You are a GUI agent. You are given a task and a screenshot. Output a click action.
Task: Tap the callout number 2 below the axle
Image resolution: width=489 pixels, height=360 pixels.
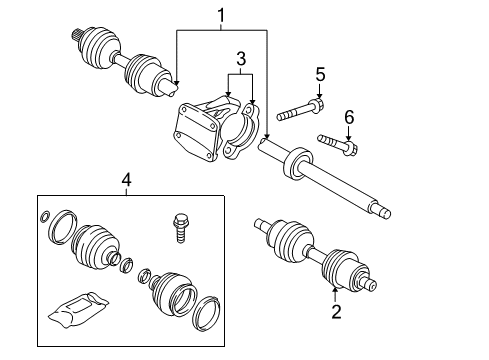(336, 313)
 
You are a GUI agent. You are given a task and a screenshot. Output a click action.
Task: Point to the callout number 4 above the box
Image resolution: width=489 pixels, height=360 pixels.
(125, 180)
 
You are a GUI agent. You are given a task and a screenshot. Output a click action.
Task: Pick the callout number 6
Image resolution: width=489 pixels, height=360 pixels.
(348, 117)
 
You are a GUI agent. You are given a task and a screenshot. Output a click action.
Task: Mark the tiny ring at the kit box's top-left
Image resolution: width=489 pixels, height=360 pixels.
(45, 217)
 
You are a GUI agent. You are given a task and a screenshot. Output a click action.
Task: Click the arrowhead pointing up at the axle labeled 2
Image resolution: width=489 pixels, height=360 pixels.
(336, 292)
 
